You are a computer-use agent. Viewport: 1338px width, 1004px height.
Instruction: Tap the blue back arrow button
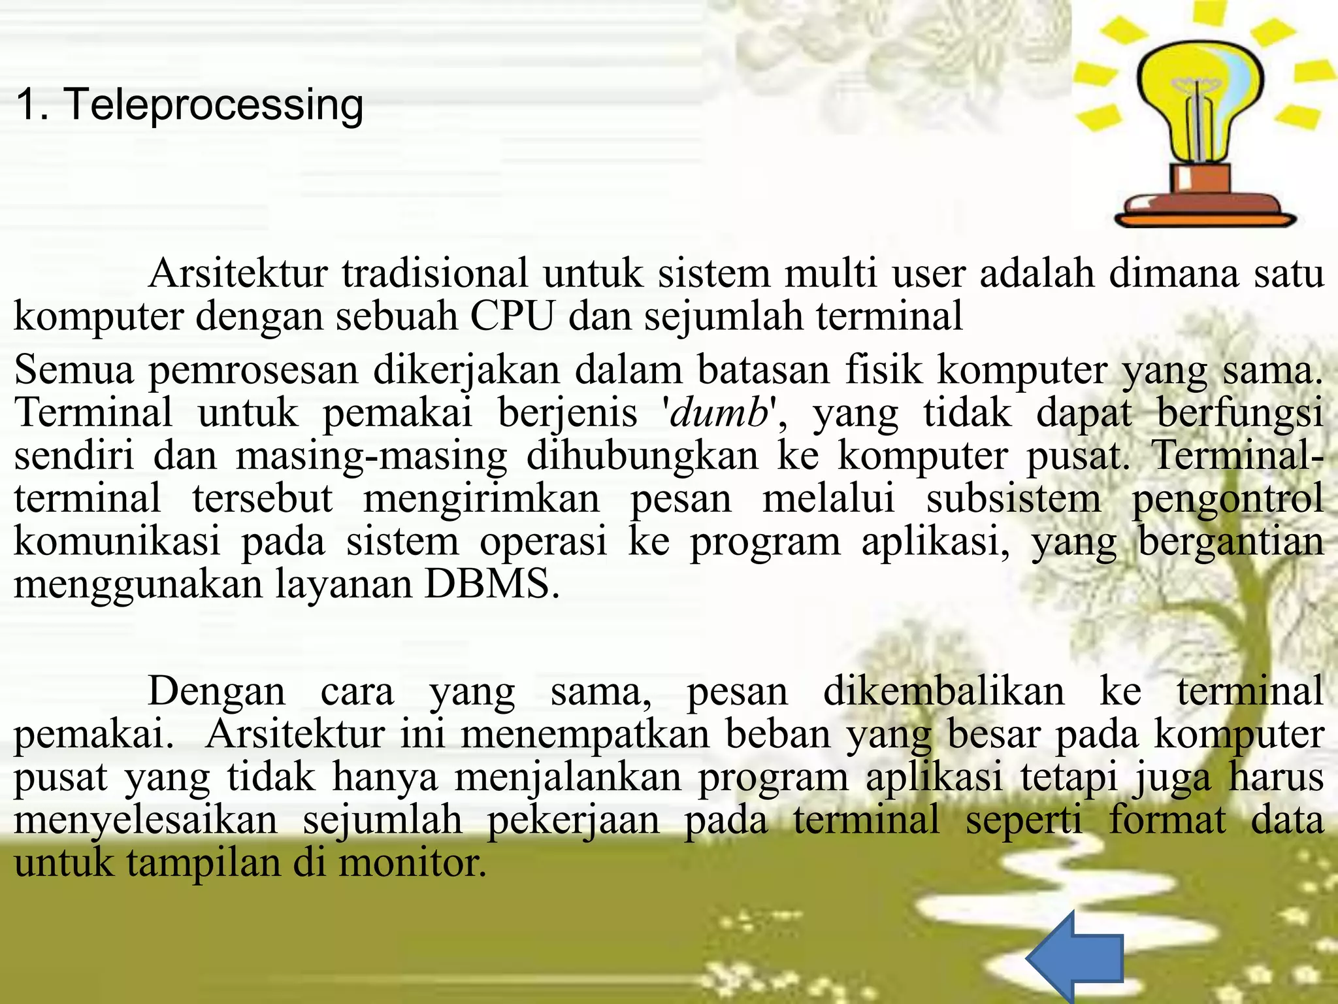click(x=1076, y=957)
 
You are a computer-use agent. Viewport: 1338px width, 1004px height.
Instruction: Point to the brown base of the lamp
click(x=1202, y=196)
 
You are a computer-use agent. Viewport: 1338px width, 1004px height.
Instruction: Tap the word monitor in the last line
click(x=413, y=863)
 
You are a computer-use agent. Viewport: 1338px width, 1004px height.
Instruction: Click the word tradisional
click(x=435, y=273)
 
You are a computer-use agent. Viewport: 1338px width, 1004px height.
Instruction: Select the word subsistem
click(x=1013, y=499)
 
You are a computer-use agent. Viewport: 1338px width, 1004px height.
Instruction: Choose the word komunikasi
click(x=118, y=542)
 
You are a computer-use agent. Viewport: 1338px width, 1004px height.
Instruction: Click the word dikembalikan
click(x=943, y=692)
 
